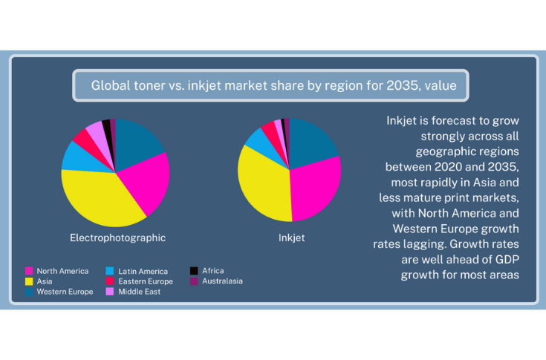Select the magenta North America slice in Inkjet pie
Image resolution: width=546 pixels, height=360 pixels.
pos(316,189)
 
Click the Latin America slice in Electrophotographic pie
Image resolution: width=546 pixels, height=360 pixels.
pos(74,155)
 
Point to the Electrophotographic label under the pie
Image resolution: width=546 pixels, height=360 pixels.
pos(117,238)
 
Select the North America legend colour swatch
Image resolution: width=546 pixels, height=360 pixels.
pos(29,272)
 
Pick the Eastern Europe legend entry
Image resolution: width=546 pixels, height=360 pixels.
pos(146,282)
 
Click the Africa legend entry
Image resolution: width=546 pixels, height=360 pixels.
pos(212,271)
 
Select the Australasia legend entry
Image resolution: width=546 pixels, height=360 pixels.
pos(221,281)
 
